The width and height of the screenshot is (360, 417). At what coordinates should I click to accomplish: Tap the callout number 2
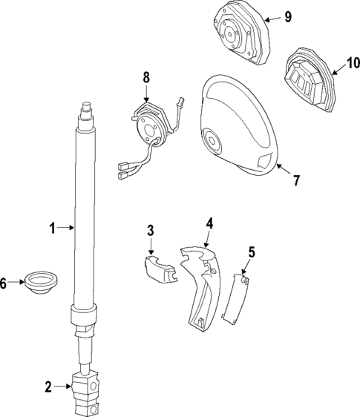click(x=48, y=386)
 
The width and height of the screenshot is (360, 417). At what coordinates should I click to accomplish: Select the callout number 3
click(x=150, y=231)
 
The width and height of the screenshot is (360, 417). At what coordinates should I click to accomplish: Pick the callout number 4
click(x=210, y=223)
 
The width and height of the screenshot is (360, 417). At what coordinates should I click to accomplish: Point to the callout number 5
click(x=251, y=252)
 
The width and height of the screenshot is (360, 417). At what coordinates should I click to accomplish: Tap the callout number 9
click(x=288, y=16)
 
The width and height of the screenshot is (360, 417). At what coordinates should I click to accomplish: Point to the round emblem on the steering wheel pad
click(x=215, y=141)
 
